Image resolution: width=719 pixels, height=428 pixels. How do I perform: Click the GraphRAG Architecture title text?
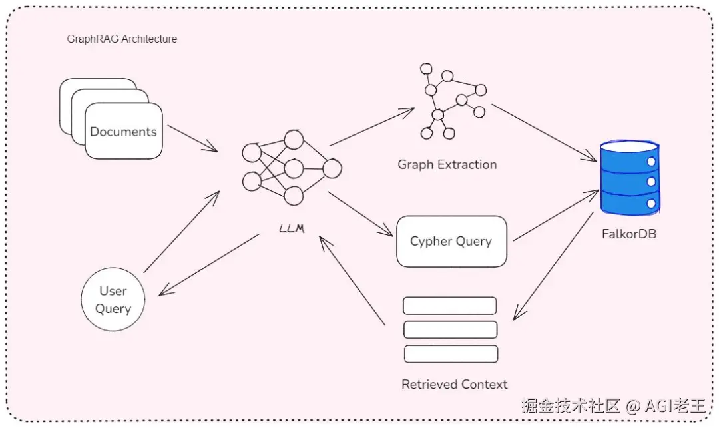tap(122, 39)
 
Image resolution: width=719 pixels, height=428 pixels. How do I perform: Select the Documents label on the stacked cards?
tap(123, 132)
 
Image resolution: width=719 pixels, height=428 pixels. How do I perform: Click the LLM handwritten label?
tap(292, 228)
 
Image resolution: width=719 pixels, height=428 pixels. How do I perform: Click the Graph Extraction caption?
tap(447, 164)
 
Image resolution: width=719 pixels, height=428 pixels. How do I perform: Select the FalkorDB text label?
tap(629, 234)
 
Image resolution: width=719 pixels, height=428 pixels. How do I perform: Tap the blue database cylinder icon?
tap(630, 177)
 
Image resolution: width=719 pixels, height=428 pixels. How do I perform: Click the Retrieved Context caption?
tap(455, 385)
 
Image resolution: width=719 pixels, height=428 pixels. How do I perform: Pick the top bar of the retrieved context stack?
tap(450, 306)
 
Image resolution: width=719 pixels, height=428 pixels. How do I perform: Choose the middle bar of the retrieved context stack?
tap(450, 330)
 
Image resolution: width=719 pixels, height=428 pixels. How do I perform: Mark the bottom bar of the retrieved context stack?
tap(451, 354)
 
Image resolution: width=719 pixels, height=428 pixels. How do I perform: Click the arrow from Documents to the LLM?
tap(192, 138)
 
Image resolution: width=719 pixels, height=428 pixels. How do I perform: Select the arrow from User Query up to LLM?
tap(182, 232)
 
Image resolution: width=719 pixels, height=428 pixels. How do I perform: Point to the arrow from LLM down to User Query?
tap(208, 265)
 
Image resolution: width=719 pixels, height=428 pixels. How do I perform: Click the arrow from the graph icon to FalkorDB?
tap(544, 133)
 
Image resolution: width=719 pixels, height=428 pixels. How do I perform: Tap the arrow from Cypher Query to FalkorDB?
tap(556, 215)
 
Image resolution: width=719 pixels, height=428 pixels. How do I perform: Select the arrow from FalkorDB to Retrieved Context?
tap(553, 266)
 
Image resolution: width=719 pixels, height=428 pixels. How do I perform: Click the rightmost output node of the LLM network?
tap(332, 168)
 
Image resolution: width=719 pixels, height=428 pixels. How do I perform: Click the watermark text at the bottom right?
tap(614, 405)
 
